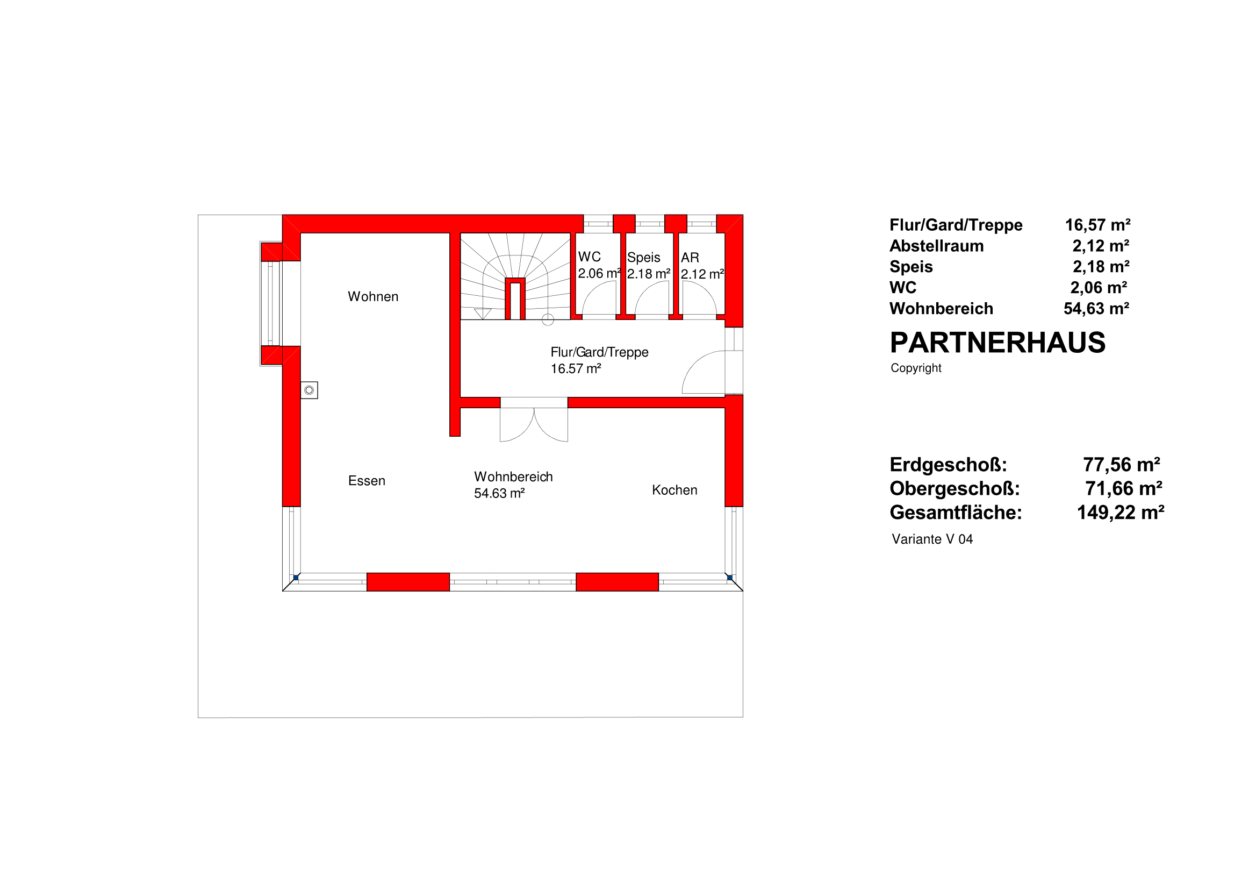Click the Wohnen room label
(x=373, y=297)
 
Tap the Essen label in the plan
(x=367, y=481)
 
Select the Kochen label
(x=674, y=490)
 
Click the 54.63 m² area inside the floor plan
(x=499, y=493)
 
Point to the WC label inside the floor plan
(x=589, y=257)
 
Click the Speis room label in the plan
(x=643, y=257)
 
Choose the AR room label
(x=690, y=257)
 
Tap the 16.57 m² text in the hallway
(x=576, y=368)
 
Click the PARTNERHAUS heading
(x=998, y=343)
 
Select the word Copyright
(x=916, y=368)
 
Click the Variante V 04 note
(x=932, y=539)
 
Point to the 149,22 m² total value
(x=1121, y=513)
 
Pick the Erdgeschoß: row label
(x=948, y=465)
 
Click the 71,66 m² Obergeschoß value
(x=1124, y=488)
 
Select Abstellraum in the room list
(x=937, y=246)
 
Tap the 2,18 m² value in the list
(x=1101, y=267)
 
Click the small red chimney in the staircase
(x=515, y=299)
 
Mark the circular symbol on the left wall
(x=309, y=390)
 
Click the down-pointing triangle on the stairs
(x=483, y=314)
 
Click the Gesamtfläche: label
(x=956, y=513)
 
